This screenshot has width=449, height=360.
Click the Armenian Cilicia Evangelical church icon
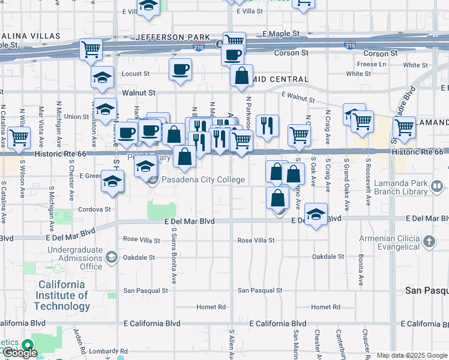(x=429, y=241)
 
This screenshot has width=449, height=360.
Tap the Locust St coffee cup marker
(x=180, y=70)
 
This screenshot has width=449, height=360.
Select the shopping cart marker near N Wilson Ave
(x=19, y=137)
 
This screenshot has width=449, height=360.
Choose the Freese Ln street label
(x=372, y=64)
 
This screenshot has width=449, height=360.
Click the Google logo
(x=20, y=353)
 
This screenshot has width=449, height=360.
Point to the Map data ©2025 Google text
(x=411, y=355)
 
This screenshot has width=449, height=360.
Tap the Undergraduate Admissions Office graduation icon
(x=111, y=258)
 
